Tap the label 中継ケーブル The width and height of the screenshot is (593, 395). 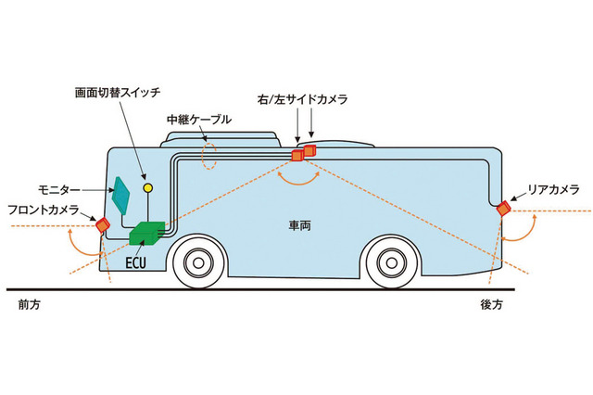[x=198, y=120]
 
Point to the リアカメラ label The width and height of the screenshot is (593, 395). [x=553, y=189]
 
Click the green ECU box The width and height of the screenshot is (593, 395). [x=146, y=235]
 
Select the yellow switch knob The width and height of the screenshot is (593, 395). [x=146, y=188]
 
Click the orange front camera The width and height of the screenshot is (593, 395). [x=103, y=223]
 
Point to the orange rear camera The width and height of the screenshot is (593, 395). [x=503, y=209]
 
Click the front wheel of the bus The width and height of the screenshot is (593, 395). [x=197, y=262]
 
